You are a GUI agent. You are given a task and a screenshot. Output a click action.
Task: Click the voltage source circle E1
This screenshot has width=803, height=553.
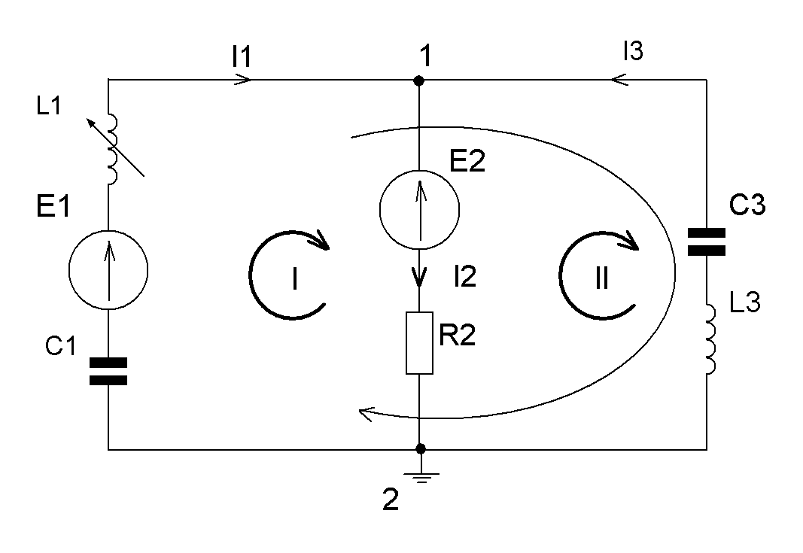pyautogui.click(x=108, y=269)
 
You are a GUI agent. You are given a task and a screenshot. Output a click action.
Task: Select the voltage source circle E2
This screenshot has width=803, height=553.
pyautogui.click(x=419, y=209)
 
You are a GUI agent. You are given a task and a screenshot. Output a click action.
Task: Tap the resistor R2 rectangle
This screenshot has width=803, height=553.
pyautogui.click(x=419, y=343)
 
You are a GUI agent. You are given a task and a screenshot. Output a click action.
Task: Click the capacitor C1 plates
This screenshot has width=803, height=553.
pyautogui.click(x=108, y=371)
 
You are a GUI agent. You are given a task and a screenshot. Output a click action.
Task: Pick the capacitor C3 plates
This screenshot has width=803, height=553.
pyautogui.click(x=707, y=242)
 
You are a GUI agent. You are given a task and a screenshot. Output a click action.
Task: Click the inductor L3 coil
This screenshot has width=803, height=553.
pyautogui.click(x=711, y=339)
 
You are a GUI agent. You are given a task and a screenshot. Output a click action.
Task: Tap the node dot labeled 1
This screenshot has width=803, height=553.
pyautogui.click(x=419, y=81)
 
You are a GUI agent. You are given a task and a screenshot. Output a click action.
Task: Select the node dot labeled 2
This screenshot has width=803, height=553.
pyautogui.click(x=421, y=449)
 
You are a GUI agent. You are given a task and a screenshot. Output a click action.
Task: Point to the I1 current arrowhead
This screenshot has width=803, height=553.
pyautogui.click(x=243, y=80)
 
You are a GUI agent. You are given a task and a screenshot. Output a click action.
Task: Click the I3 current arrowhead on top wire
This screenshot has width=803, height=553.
pyautogui.click(x=619, y=80)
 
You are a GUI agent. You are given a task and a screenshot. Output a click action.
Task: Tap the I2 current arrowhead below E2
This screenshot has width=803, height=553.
pyautogui.click(x=420, y=278)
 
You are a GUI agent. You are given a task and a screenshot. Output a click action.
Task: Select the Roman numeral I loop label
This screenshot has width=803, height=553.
pyautogui.click(x=294, y=279)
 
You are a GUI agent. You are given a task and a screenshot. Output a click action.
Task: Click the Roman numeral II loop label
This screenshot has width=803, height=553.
pyautogui.click(x=602, y=279)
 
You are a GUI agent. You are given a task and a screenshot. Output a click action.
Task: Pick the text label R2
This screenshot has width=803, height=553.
pyautogui.click(x=458, y=336)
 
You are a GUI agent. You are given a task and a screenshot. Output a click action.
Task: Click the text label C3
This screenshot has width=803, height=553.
pyautogui.click(x=747, y=205)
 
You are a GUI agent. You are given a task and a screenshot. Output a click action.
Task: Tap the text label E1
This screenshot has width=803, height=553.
pyautogui.click(x=53, y=207)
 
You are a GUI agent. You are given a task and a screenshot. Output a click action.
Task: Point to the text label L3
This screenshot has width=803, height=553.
pyautogui.click(x=744, y=302)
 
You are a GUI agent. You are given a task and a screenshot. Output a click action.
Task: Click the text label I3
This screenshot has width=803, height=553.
pyautogui.click(x=633, y=51)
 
